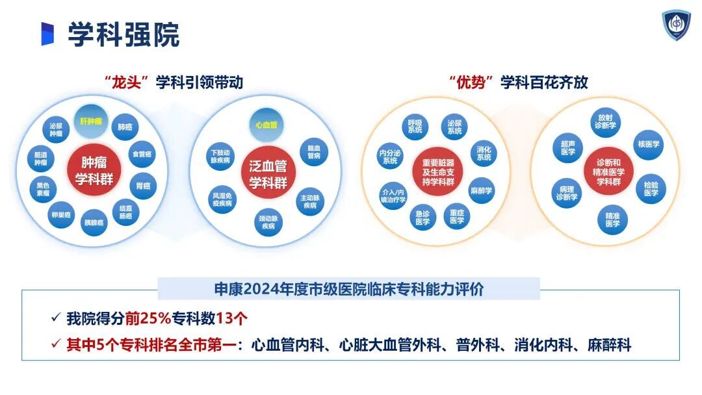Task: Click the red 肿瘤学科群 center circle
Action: (94, 171)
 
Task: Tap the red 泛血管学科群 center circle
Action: (268, 173)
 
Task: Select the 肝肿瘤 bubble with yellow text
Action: (91, 121)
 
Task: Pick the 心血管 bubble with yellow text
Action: (266, 125)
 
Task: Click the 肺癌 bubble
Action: (125, 127)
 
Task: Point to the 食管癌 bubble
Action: (142, 155)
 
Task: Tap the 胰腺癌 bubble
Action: (94, 222)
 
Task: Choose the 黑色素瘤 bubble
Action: (44, 189)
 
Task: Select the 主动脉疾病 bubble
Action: (310, 202)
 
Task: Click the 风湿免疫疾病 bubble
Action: (222, 199)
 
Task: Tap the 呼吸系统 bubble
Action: (415, 127)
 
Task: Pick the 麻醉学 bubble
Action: (481, 190)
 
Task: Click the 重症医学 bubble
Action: (457, 217)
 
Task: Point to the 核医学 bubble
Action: (649, 144)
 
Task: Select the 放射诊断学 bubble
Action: (605, 121)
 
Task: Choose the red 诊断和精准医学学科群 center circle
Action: (608, 172)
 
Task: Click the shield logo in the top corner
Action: (676, 25)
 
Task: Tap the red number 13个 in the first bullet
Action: (231, 318)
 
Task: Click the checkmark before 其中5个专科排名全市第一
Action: (56, 344)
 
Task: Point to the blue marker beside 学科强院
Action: (47, 34)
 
